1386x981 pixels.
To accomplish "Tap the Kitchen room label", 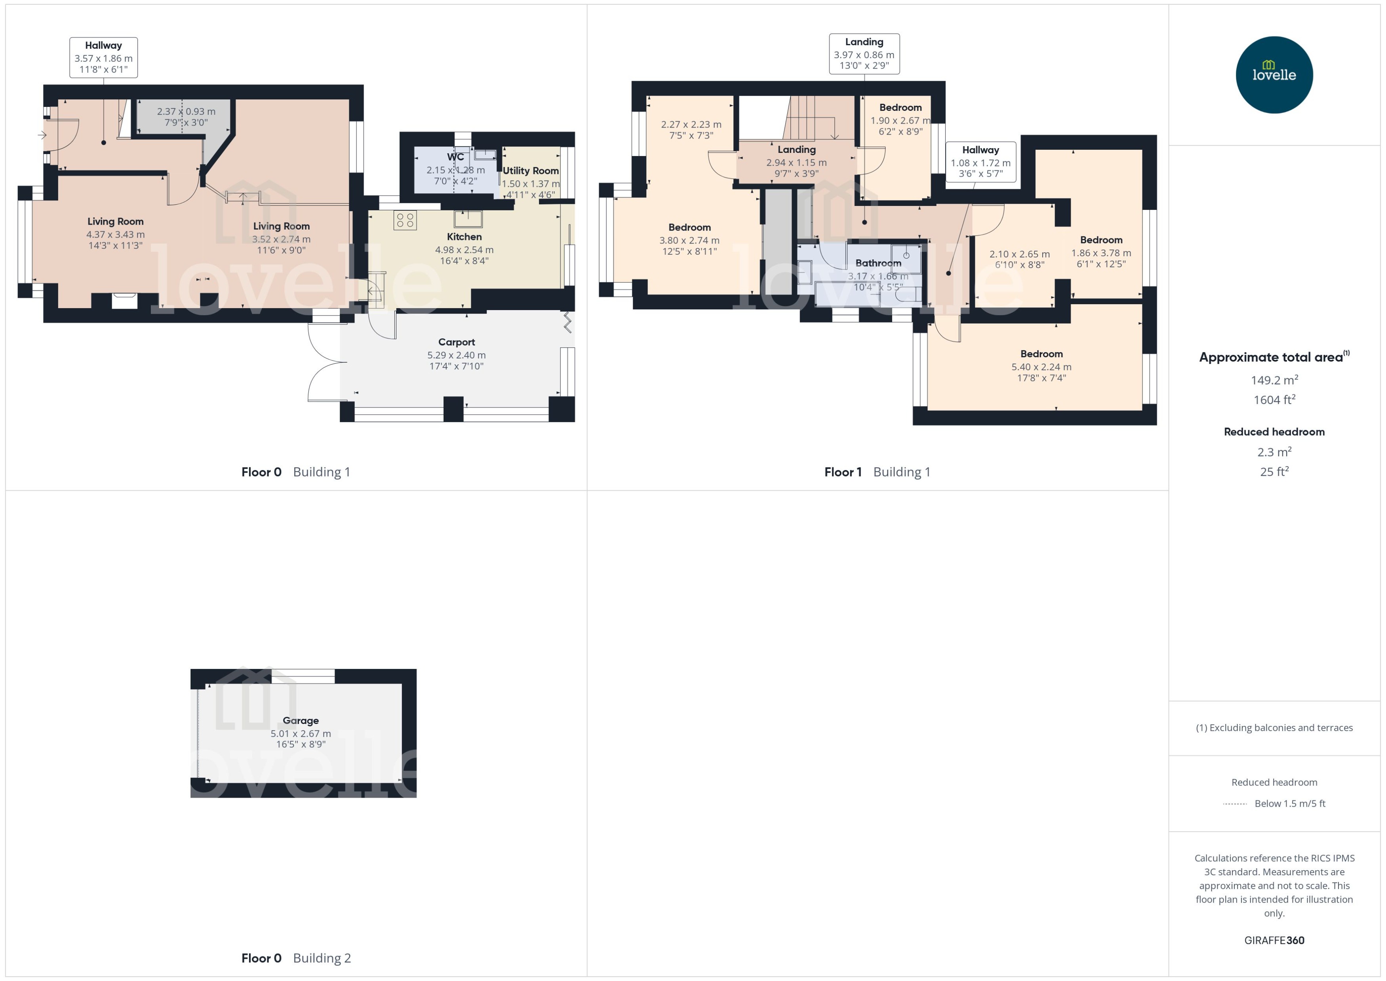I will click(464, 237).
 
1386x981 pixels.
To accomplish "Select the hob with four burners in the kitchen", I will click(405, 220).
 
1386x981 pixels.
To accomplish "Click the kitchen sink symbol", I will click(468, 218).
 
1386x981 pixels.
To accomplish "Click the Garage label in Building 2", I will click(300, 721).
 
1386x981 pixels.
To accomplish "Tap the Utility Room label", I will click(530, 171).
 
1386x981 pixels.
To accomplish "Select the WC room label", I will click(455, 157).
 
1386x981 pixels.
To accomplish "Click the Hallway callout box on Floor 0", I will click(103, 57).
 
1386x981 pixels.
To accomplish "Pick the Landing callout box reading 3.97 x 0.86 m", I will click(864, 54).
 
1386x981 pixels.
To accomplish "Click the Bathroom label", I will click(878, 263).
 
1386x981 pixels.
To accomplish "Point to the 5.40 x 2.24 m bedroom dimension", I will click(1041, 367).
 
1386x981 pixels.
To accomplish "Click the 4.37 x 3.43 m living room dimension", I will click(115, 234).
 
